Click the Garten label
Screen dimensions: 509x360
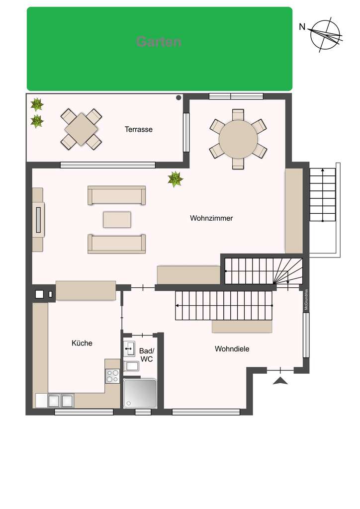coord(159,42)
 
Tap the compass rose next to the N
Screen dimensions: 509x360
coord(326,35)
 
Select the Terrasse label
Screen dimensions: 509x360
coord(138,129)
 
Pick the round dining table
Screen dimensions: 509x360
coord(238,139)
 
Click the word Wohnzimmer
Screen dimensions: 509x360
coord(211,218)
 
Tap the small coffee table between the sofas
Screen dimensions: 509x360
coord(117,219)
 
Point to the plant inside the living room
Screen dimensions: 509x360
coord(175,179)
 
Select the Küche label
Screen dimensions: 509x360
coord(82,343)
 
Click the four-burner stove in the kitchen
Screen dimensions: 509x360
coord(113,375)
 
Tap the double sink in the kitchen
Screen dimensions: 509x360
coord(61,400)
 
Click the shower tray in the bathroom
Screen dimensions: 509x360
coord(140,394)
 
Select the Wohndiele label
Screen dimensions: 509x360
coord(232,349)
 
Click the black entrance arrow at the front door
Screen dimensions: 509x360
coord(281,381)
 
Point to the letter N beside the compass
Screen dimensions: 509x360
coord(302,27)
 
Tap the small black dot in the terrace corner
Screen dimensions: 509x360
coord(178,98)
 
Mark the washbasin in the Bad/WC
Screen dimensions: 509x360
coord(130,348)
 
